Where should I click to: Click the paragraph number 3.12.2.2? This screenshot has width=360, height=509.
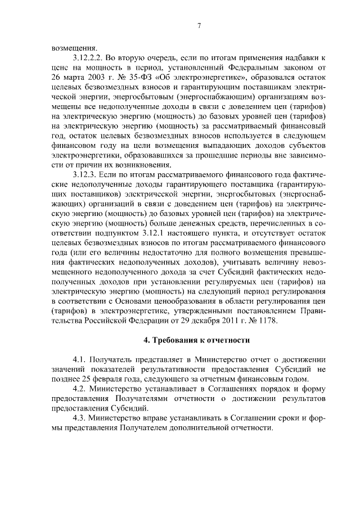click(89, 58)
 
